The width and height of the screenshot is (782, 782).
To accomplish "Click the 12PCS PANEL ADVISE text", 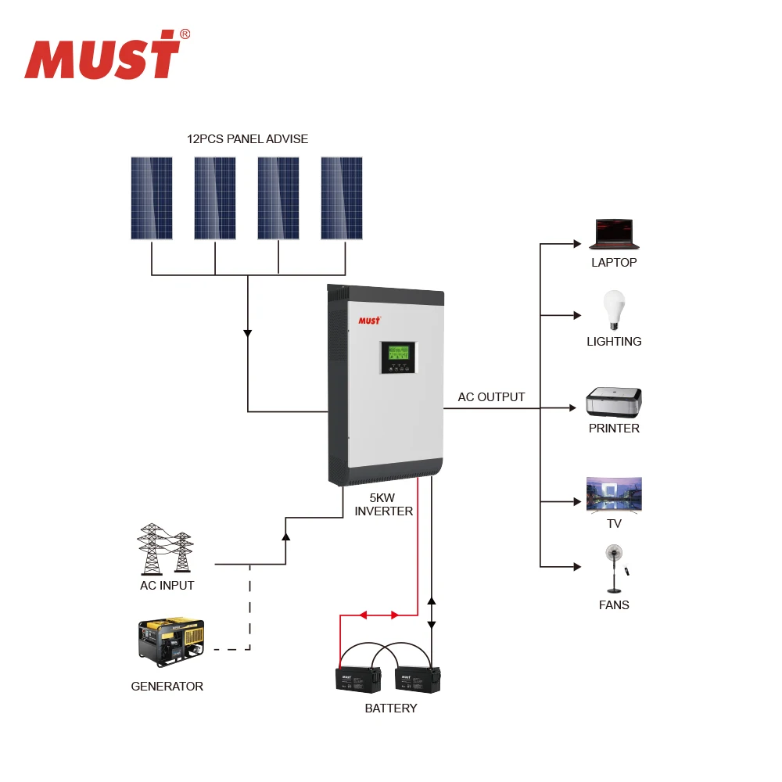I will pyautogui.click(x=247, y=139).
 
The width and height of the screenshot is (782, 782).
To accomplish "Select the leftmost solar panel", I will pyautogui.click(x=152, y=198).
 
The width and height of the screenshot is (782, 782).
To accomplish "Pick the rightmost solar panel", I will pyautogui.click(x=342, y=198).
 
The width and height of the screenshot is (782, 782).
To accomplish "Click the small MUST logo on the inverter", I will pyautogui.click(x=369, y=320).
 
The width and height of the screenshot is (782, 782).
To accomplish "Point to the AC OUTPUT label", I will pyautogui.click(x=491, y=397).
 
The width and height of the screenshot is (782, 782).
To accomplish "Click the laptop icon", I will pyautogui.click(x=614, y=234).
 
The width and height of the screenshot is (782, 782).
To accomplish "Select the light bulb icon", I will pyautogui.click(x=614, y=310).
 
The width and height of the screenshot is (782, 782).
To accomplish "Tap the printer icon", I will pyautogui.click(x=614, y=402).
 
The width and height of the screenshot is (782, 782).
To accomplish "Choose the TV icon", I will pyautogui.click(x=614, y=494).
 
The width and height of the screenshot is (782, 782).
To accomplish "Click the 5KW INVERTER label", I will pyautogui.click(x=383, y=504).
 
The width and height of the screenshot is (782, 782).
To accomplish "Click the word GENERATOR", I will pyautogui.click(x=167, y=687).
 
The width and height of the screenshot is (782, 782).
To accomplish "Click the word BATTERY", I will pyautogui.click(x=391, y=708).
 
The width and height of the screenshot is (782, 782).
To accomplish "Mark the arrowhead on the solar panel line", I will pyautogui.click(x=248, y=333).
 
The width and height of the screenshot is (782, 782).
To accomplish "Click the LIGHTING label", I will pyautogui.click(x=614, y=342).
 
